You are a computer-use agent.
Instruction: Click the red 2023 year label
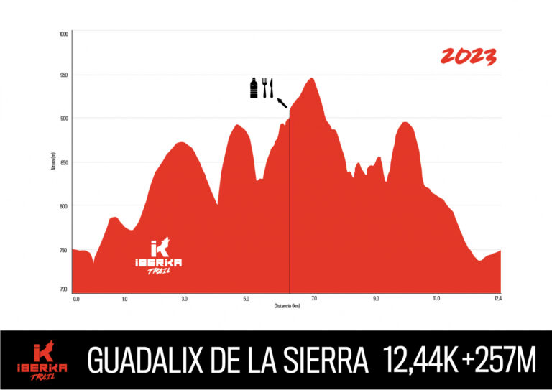pyautogui.click(x=468, y=57)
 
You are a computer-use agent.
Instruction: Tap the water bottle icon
pyautogui.click(x=254, y=88)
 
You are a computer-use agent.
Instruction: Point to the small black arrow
pyautogui.click(x=282, y=102)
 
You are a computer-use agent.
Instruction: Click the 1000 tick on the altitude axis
pyautogui.click(x=64, y=34)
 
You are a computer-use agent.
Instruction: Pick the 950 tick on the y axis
pyautogui.click(x=64, y=75)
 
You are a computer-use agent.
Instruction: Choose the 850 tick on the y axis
pyautogui.click(x=64, y=163)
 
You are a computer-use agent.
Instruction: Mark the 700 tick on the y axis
pyautogui.click(x=64, y=289)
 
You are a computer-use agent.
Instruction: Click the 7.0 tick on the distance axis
pyautogui.click(x=314, y=298)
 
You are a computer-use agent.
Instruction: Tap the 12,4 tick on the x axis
pyautogui.click(x=497, y=298)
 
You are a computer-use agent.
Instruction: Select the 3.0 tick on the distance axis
pyautogui.click(x=185, y=298)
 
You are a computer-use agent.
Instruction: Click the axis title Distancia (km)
pyautogui.click(x=287, y=305)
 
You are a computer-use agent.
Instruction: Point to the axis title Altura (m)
pyautogui.click(x=54, y=162)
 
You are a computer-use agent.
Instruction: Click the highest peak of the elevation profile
pyautogui.click(x=311, y=79)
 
